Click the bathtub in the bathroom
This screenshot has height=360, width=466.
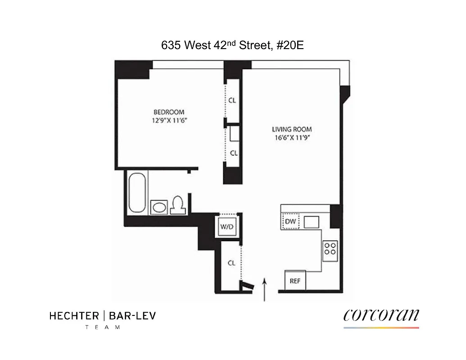[137, 194]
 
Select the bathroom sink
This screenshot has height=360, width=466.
[159, 207]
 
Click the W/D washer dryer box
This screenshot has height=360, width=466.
[226, 226]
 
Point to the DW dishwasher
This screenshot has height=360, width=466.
[290, 221]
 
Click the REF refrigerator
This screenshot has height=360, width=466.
[295, 281]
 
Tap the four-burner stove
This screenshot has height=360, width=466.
[330, 250]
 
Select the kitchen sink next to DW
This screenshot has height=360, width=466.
[311, 222]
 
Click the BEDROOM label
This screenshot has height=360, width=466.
[169, 112]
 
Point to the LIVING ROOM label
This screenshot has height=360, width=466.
[295, 129]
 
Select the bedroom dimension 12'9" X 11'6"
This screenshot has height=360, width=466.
[169, 120]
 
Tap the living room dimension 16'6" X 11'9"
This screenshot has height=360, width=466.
[295, 138]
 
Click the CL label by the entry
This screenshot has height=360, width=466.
[231, 263]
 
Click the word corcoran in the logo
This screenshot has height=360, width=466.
[381, 315]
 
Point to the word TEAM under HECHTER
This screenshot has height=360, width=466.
[103, 327]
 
